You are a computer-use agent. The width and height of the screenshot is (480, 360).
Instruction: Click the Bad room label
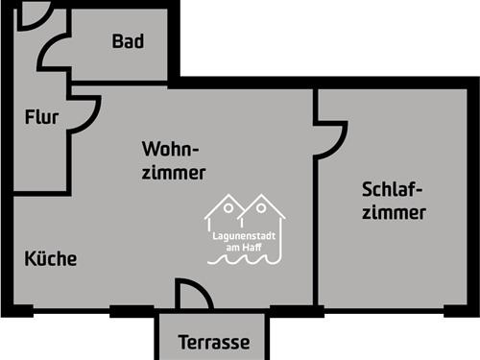pyautogui.click(x=128, y=41)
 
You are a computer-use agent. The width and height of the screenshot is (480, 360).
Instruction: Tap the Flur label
pyautogui.click(x=41, y=118)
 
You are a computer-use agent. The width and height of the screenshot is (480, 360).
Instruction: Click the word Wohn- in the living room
pyautogui.click(x=170, y=150)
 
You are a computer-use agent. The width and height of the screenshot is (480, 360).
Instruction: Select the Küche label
pyautogui.click(x=50, y=259)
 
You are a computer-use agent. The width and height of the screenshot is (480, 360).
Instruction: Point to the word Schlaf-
pyautogui.click(x=393, y=188)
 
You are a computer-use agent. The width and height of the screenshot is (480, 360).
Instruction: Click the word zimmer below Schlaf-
pyautogui.click(x=393, y=213)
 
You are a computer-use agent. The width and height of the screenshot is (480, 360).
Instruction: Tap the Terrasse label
pyautogui.click(x=214, y=342)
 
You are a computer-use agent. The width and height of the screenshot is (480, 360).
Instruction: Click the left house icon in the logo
pyautogui.click(x=228, y=212)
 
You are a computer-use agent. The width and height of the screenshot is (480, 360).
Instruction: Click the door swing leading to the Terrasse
pyautogui.click(x=191, y=295)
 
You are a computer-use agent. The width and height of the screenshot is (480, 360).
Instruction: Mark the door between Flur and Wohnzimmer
pyautogui.click(x=84, y=113)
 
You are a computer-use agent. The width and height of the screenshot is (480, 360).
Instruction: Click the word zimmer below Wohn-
pyautogui.click(x=173, y=174)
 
